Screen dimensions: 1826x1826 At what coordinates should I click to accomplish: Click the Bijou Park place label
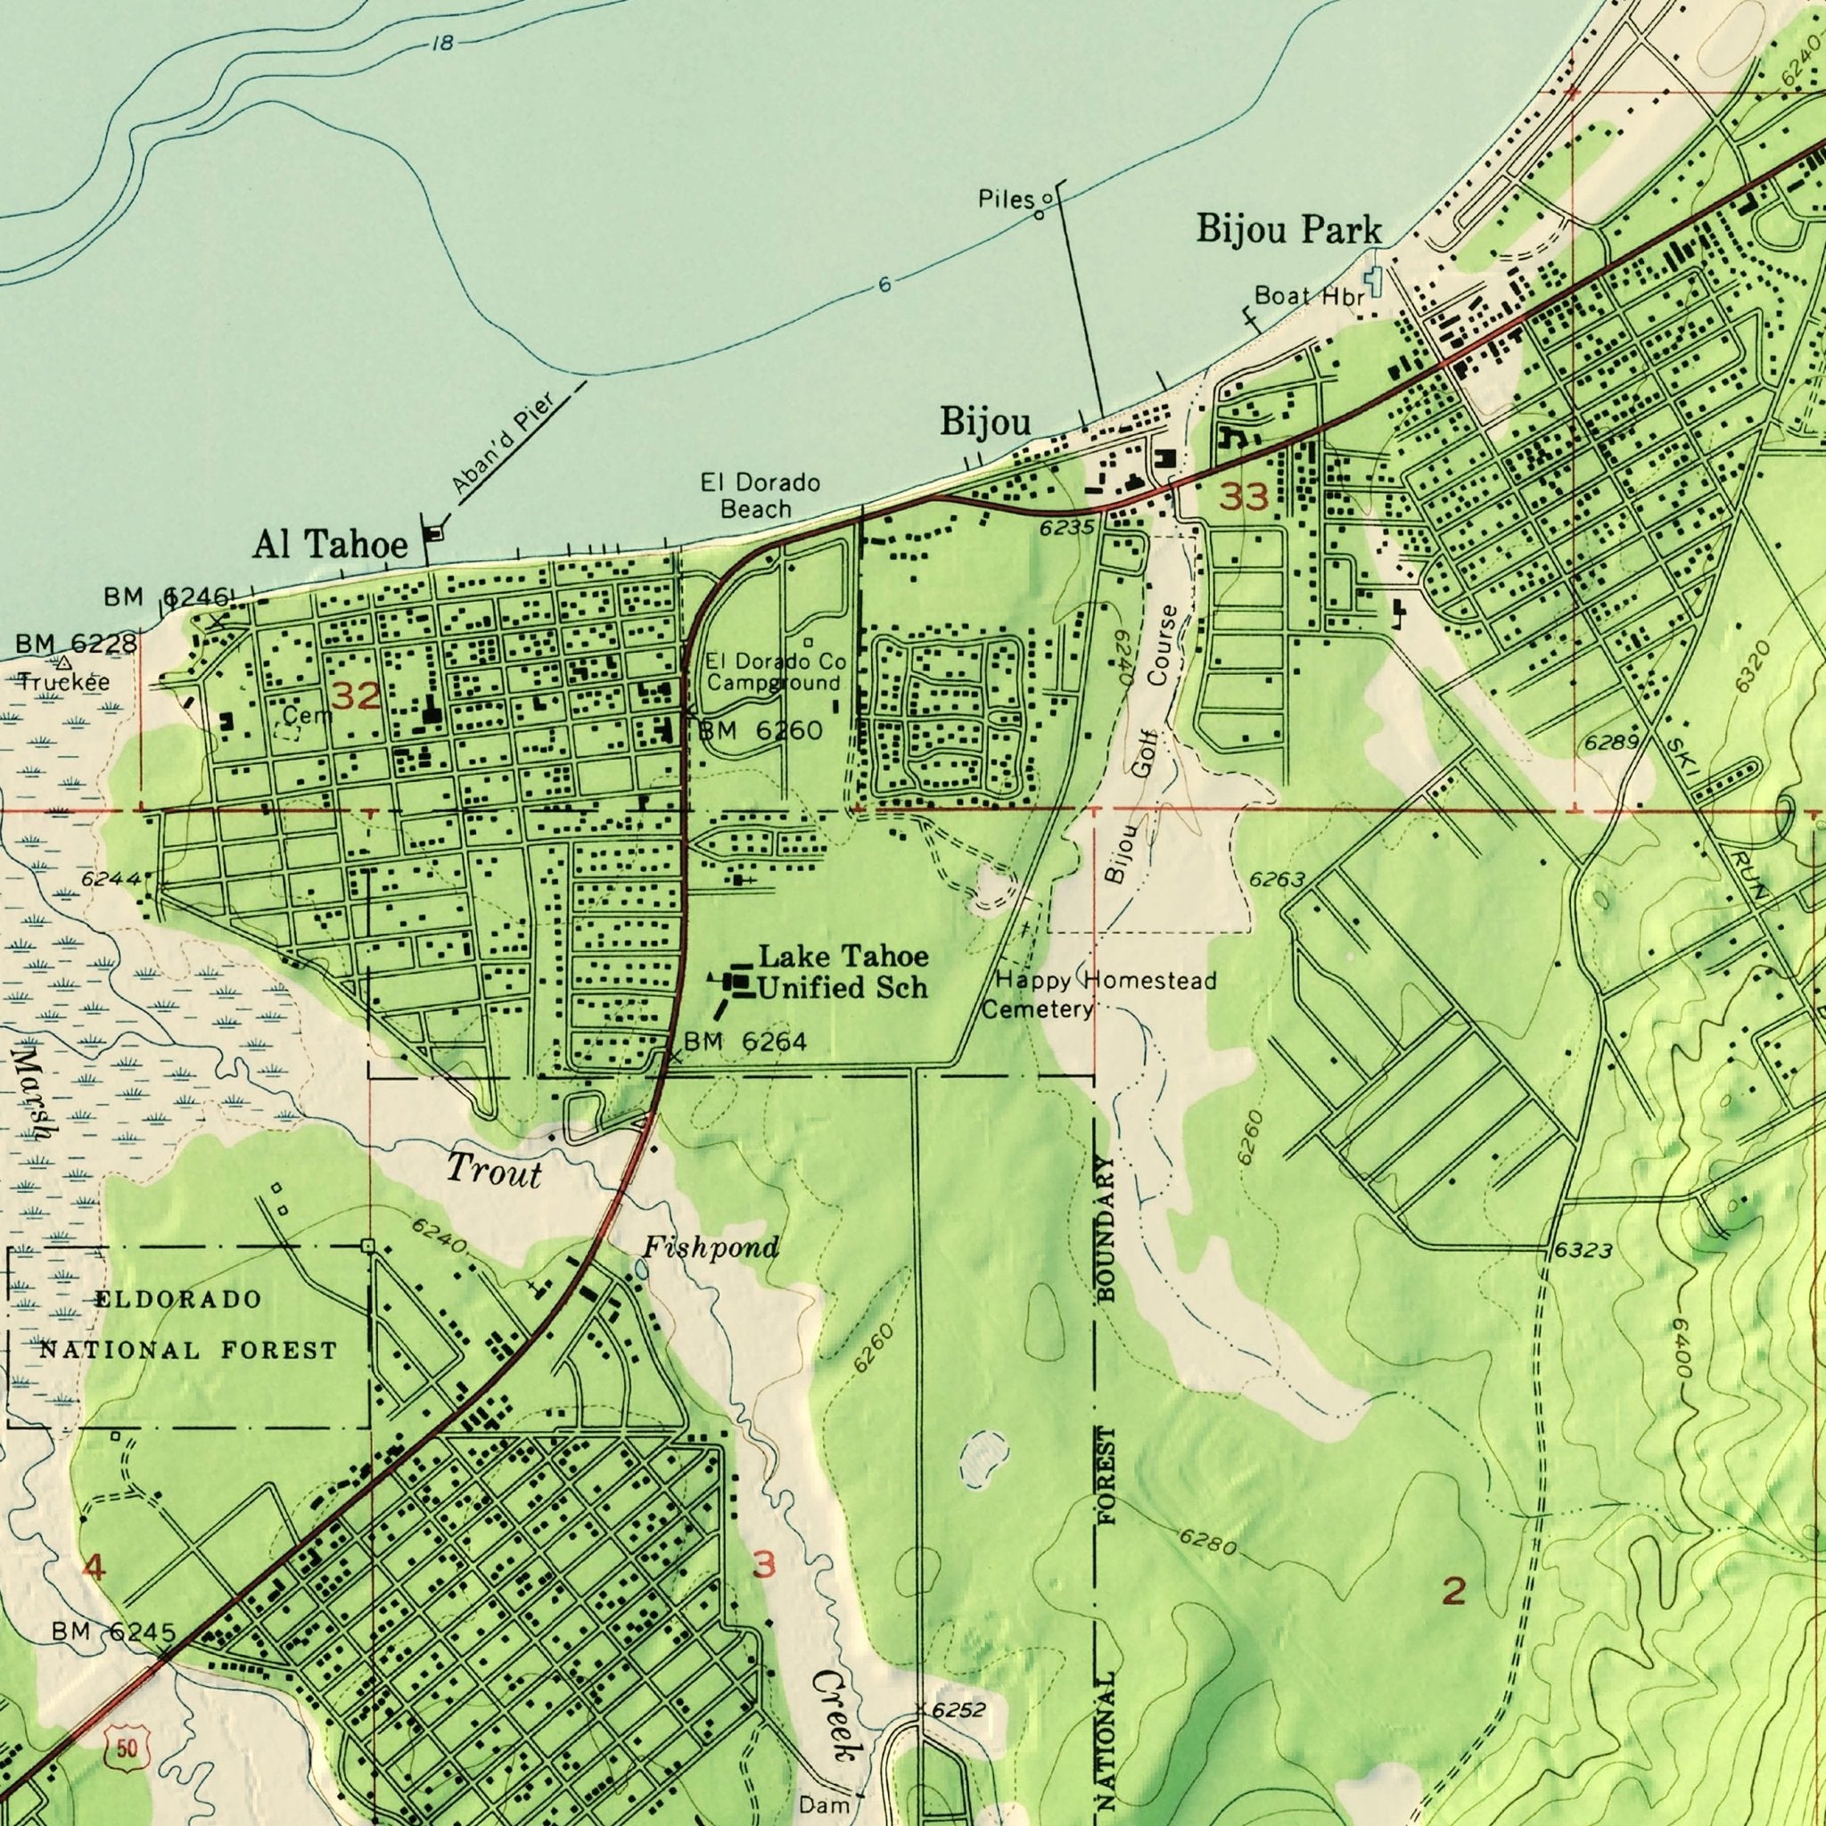coord(1289,229)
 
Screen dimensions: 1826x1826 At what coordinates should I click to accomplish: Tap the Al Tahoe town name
coord(331,544)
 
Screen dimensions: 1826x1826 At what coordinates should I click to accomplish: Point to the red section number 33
coord(1242,498)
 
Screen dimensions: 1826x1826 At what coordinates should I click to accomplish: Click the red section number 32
coord(357,696)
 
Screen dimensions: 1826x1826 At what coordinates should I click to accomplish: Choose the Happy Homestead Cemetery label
coord(1098,995)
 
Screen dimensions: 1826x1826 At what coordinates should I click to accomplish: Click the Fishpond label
coord(711,1248)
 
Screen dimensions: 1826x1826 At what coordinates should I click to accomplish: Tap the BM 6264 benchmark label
coord(744,1041)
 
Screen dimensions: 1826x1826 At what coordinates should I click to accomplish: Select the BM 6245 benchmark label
coord(113,1633)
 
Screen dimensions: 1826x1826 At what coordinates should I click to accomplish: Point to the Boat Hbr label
coord(1309,297)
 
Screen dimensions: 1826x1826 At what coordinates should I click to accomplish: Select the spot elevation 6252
coord(958,1683)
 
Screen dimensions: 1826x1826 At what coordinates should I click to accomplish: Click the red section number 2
coord(1454,1592)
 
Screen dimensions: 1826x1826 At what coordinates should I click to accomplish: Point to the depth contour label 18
coord(440,44)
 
